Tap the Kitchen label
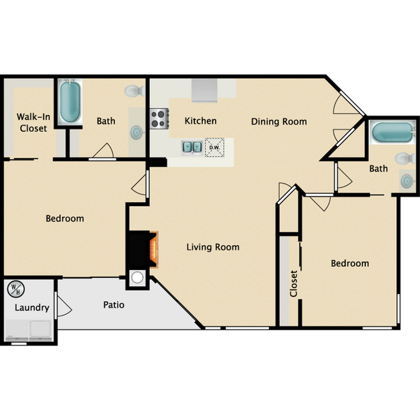click(200, 121)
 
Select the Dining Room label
click(278, 121)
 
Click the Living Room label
click(213, 247)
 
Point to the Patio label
click(113, 304)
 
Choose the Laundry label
click(32, 308)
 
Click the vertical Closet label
click(293, 283)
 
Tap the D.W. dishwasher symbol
click(214, 147)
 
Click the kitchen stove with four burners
click(159, 118)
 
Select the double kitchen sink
click(192, 147)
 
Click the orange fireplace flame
click(153, 249)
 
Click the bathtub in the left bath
click(69, 102)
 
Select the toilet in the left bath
click(134, 90)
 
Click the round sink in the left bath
click(137, 132)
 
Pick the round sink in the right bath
click(407, 180)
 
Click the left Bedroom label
click(65, 218)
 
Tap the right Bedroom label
click(350, 263)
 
